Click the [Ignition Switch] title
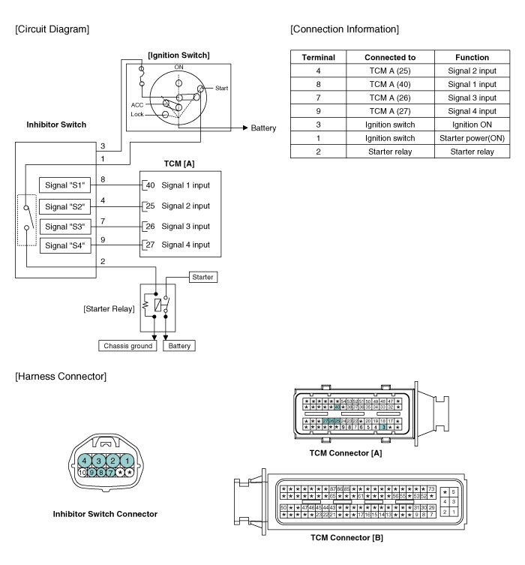[178, 55]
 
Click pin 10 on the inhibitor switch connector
[82, 473]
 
